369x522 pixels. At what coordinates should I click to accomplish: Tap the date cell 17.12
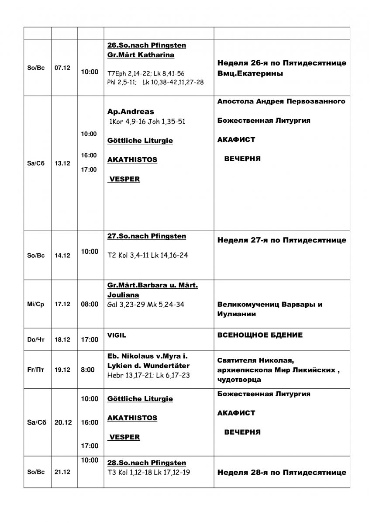click(64, 304)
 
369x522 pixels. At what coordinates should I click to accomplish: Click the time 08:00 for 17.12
click(90, 304)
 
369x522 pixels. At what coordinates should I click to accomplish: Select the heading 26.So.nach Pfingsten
click(147, 45)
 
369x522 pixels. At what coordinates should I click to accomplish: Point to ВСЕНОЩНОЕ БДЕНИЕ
click(260, 335)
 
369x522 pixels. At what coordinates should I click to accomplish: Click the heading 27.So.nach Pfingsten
click(147, 236)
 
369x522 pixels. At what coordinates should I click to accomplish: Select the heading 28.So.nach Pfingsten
click(147, 463)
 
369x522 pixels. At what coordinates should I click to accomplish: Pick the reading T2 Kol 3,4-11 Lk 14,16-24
click(148, 255)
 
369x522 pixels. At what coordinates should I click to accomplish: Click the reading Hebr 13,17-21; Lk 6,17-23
click(148, 375)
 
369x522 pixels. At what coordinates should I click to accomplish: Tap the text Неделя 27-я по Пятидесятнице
click(281, 240)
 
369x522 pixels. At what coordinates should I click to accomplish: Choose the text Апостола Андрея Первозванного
click(281, 101)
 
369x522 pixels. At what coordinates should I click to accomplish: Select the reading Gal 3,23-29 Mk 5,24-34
click(145, 304)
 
